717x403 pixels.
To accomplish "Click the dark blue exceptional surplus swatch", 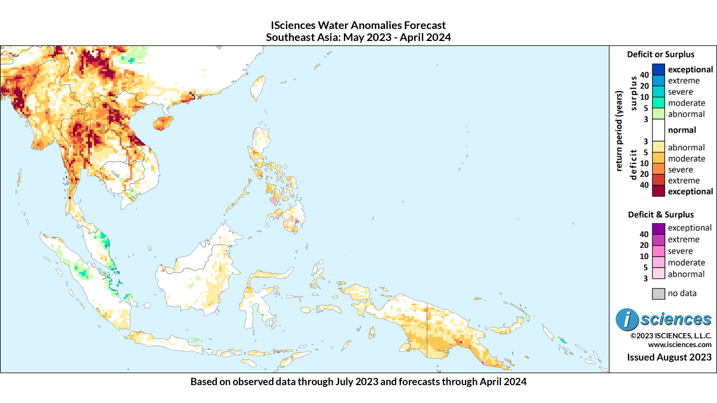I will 658,69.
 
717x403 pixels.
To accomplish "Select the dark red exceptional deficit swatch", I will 658,191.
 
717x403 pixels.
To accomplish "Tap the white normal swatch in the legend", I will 658,130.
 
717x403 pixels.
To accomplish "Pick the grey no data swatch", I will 658,294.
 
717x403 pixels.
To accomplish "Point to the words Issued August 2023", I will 669,357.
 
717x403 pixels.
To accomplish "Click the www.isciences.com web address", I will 679,345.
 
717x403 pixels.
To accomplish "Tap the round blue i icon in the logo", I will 627,319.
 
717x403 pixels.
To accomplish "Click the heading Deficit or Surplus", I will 660,54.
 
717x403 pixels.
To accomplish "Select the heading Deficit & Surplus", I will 660,215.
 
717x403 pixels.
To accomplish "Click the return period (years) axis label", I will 619,131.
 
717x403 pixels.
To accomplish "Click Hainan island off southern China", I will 163,123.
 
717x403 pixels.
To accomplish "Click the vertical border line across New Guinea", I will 427,331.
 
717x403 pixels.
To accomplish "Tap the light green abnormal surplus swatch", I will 658,114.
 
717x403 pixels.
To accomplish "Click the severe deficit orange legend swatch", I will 658,169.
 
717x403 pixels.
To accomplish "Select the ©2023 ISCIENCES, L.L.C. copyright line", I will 671,336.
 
